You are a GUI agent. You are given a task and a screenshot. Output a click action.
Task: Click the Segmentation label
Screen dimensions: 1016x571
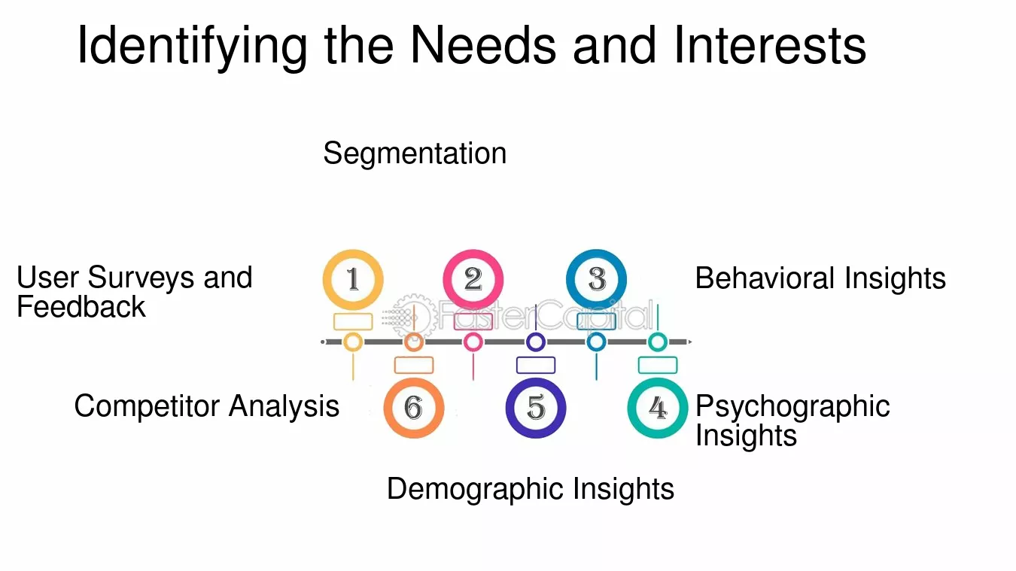point(415,153)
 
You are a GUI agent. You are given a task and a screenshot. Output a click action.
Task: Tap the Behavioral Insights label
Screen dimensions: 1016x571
point(820,278)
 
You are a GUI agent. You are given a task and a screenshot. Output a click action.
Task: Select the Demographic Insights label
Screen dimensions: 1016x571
point(531,489)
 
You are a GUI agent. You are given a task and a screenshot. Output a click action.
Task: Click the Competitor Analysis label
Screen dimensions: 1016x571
point(207,406)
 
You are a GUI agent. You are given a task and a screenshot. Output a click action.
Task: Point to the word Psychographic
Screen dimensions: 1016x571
point(792,407)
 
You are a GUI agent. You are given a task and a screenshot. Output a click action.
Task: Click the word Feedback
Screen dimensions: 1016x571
point(81,307)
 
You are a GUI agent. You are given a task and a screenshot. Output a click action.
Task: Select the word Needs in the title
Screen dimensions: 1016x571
point(482,45)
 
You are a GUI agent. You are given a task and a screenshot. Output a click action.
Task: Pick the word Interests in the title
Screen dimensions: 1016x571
point(770,45)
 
